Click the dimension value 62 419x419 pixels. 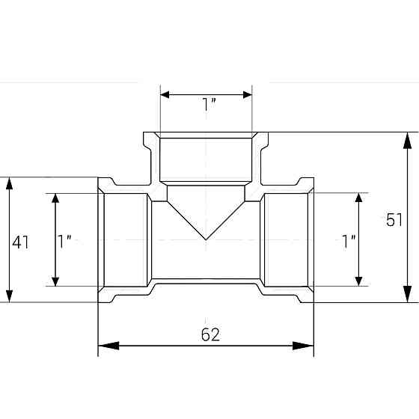[x=210, y=334]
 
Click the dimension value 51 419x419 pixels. [x=394, y=221]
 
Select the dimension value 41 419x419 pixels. [x=21, y=242]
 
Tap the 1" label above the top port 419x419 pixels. [x=209, y=104]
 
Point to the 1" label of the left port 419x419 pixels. [x=64, y=241]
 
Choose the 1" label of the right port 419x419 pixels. [x=349, y=241]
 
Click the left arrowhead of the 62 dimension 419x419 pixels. [x=108, y=346]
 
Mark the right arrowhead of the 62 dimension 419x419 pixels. [x=303, y=346]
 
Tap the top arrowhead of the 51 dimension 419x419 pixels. [x=407, y=140]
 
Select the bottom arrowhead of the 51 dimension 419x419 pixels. [x=407, y=294]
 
